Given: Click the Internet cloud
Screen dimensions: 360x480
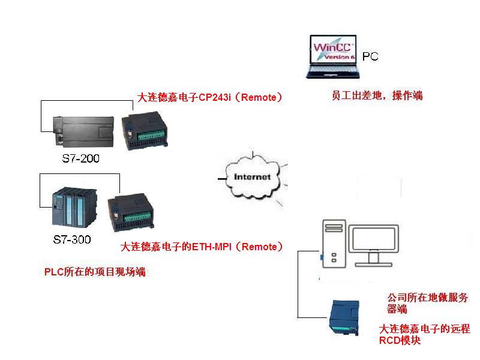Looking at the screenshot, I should pyautogui.click(x=252, y=178).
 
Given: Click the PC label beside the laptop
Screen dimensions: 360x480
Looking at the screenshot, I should pyautogui.click(x=371, y=57).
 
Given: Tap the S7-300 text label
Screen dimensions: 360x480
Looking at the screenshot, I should pyautogui.click(x=72, y=240).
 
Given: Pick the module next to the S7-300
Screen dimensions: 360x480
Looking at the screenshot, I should pyautogui.click(x=132, y=215).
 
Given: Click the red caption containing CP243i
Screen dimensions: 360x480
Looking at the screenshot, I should pyautogui.click(x=210, y=97).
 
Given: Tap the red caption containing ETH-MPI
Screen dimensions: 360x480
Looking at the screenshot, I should pyautogui.click(x=202, y=246).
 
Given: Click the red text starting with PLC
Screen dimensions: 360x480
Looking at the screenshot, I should pyautogui.click(x=95, y=272).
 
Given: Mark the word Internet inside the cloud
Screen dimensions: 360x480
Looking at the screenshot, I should pyautogui.click(x=252, y=177).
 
